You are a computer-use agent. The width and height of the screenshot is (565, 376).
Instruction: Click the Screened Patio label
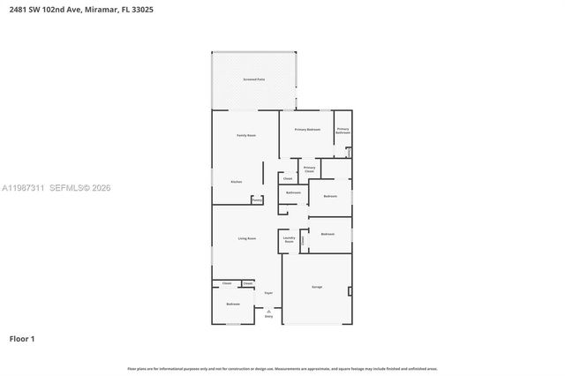[x=253, y=80]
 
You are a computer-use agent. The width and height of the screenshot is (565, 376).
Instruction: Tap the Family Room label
[x=245, y=135]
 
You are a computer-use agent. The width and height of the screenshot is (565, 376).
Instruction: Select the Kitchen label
[x=236, y=182]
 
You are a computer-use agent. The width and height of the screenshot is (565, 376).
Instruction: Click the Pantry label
[x=257, y=200]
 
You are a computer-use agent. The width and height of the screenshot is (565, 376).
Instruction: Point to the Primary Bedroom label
[x=307, y=130]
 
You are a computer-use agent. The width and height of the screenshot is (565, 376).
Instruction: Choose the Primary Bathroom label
[x=343, y=132]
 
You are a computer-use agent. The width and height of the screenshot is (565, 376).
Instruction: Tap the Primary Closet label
[x=309, y=169]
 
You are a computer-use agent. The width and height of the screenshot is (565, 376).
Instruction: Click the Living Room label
[x=246, y=238]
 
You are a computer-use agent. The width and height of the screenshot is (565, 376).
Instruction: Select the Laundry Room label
[x=288, y=239]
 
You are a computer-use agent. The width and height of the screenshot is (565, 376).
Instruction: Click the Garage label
[x=316, y=287]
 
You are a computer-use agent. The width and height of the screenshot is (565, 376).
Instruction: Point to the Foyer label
[x=268, y=292]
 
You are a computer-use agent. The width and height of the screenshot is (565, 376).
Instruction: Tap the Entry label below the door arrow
[x=268, y=316]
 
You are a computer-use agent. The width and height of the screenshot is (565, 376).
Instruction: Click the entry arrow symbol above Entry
[x=268, y=310]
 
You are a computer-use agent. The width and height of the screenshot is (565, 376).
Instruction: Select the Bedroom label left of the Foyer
[x=233, y=304]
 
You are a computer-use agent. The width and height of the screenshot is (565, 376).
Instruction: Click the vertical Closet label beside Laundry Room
[x=302, y=240]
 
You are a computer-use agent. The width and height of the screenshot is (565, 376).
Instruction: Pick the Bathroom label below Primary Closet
[x=293, y=192]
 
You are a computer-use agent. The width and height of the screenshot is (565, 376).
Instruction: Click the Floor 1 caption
[x=22, y=338]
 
